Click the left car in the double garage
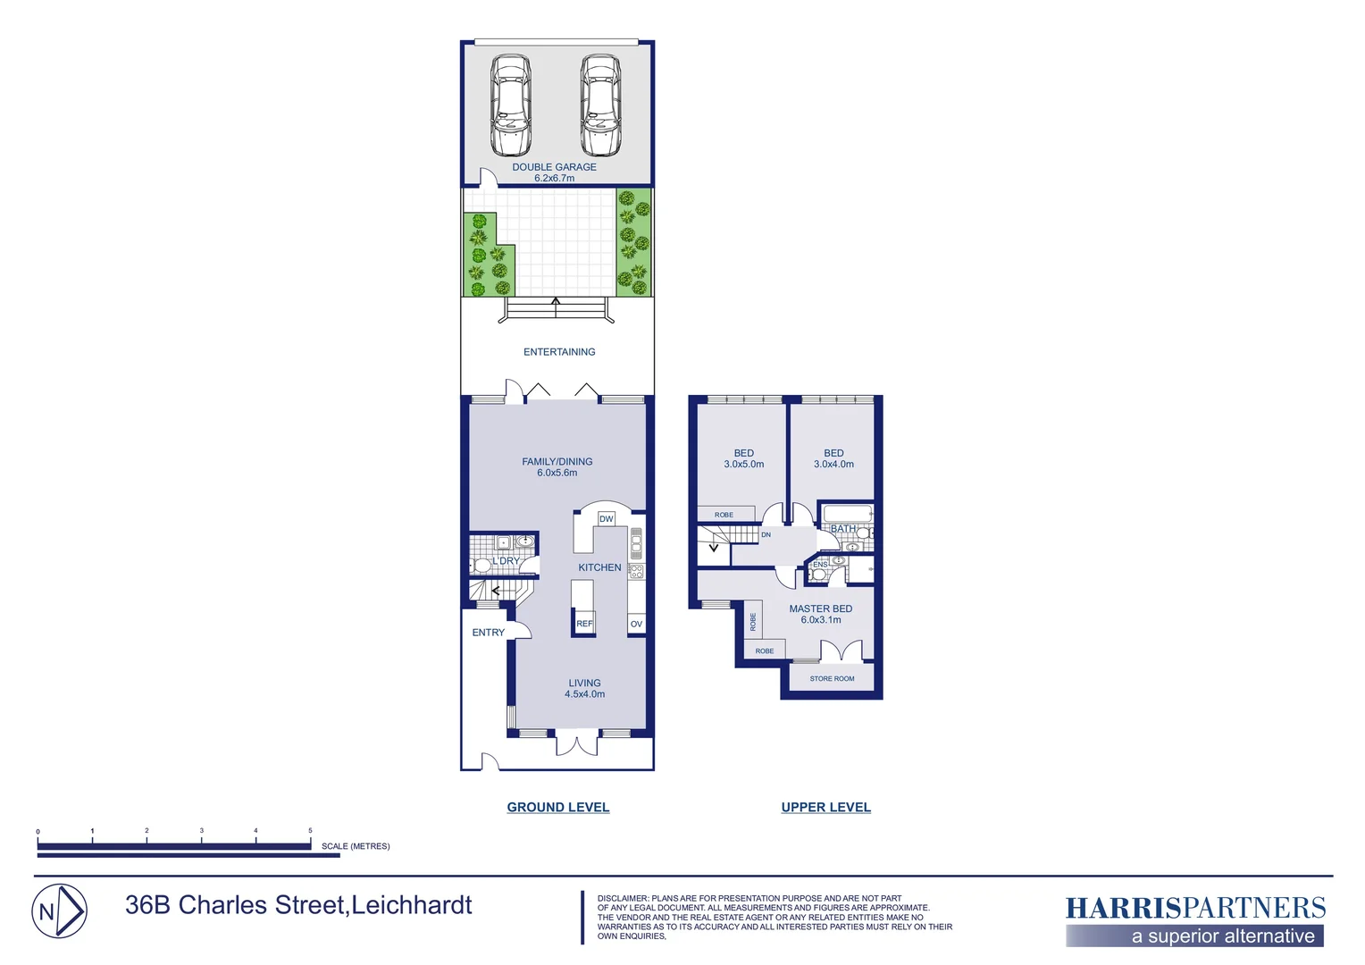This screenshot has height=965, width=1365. (510, 105)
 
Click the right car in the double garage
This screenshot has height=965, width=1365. (600, 105)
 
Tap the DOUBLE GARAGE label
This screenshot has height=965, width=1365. (554, 167)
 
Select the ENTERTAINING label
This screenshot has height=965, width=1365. (559, 352)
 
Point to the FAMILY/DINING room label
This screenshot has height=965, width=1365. (557, 462)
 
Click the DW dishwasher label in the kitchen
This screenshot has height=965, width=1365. (607, 519)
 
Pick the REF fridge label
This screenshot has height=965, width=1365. (584, 624)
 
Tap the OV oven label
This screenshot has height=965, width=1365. (636, 624)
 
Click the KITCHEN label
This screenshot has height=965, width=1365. (599, 567)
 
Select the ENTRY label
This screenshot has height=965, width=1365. (489, 633)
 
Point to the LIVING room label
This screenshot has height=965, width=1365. (584, 684)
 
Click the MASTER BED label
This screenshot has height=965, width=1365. (820, 609)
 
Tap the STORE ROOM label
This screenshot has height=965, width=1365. (832, 679)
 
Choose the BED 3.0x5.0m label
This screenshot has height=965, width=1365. (744, 458)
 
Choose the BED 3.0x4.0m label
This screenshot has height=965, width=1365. (833, 458)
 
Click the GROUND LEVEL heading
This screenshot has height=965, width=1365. (558, 807)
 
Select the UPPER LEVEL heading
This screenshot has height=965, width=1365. (825, 807)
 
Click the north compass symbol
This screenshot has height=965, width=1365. (60, 911)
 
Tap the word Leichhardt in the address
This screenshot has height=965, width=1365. (412, 905)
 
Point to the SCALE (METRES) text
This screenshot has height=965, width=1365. (356, 846)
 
